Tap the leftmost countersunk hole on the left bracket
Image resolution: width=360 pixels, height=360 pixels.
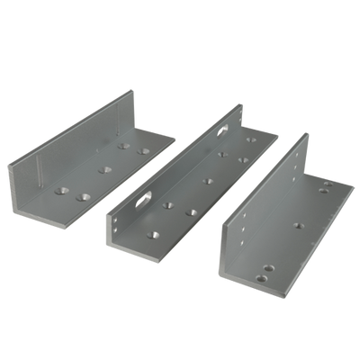(64, 189)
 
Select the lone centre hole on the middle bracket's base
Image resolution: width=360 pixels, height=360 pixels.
(208, 180)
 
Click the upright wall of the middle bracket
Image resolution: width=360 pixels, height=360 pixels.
(180, 153)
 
